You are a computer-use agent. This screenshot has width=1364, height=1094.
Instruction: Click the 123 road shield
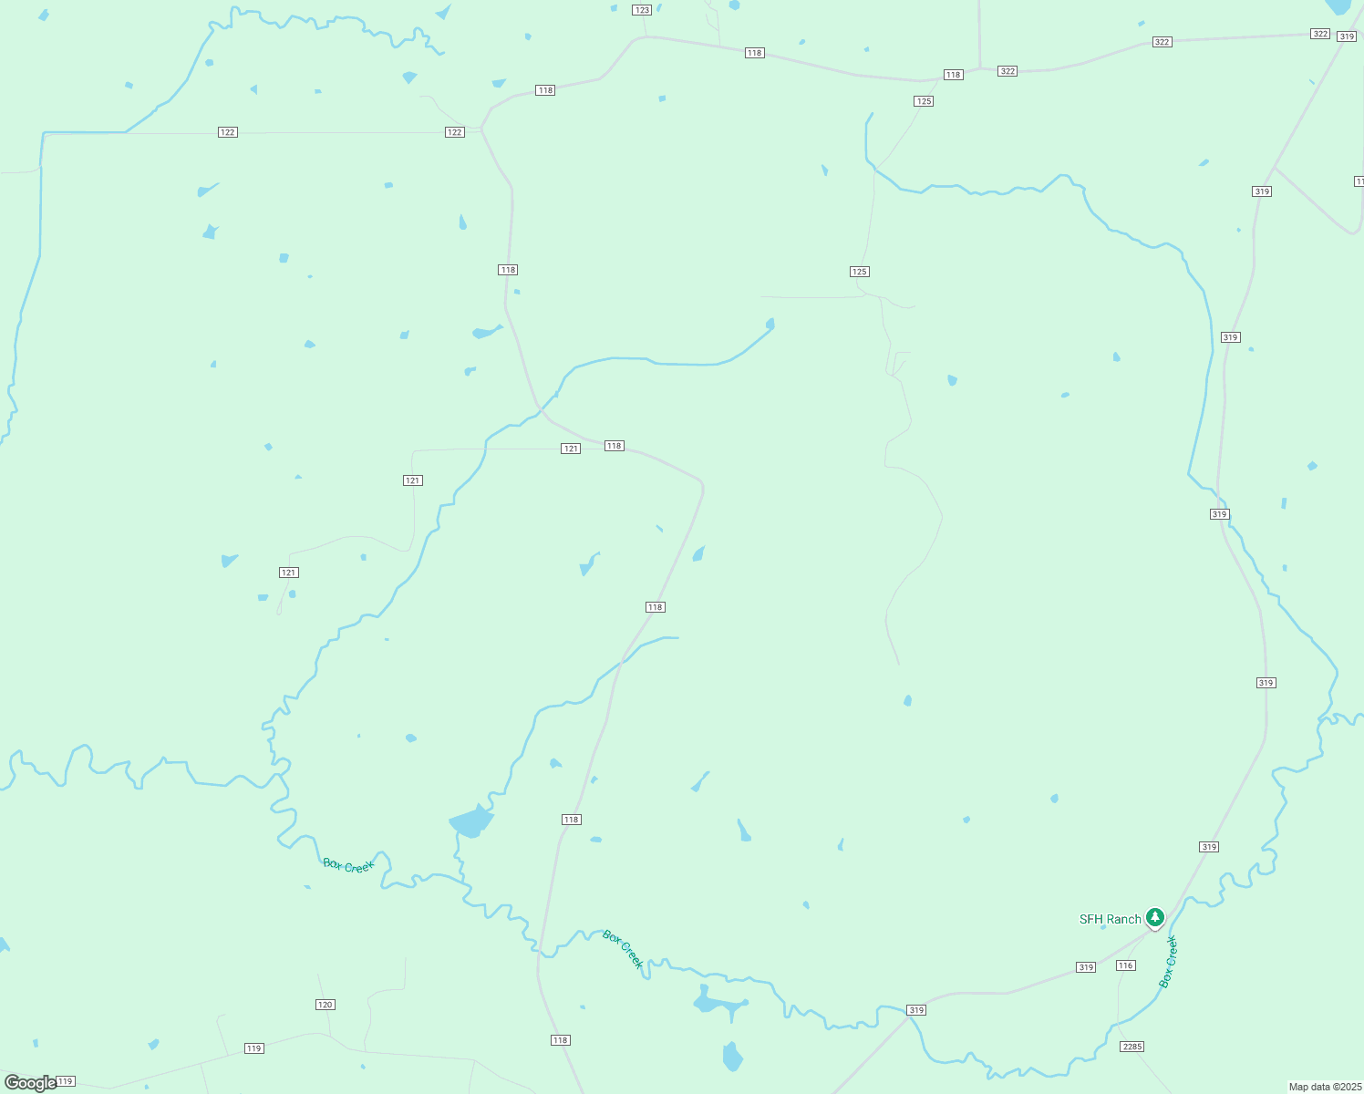[x=642, y=10]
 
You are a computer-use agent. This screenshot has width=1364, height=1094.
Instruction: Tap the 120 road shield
[x=325, y=1005]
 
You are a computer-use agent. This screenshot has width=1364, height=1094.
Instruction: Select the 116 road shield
[x=1125, y=965]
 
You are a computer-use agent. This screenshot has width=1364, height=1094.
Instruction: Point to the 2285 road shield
[x=1131, y=1047]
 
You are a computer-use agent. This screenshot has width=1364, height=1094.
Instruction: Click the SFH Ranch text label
[x=1110, y=919]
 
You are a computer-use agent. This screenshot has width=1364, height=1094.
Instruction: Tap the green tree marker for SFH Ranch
[x=1155, y=916]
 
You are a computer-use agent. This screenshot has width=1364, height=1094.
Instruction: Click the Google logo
[x=30, y=1083]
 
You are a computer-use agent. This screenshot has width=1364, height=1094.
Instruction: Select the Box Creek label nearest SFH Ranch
[x=1169, y=962]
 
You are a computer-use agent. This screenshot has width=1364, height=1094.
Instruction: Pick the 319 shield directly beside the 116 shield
[x=1085, y=967]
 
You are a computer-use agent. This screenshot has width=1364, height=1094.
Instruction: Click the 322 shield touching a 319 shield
[x=1320, y=34]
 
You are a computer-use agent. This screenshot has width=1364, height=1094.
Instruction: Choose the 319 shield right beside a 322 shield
[x=1347, y=36]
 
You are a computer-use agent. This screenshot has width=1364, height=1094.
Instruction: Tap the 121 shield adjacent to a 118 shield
[x=571, y=449]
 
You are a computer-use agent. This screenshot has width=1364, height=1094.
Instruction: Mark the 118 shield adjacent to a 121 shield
[x=614, y=446]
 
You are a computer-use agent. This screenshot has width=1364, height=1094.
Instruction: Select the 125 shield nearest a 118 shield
[x=924, y=101]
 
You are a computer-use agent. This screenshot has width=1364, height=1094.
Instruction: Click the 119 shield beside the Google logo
[x=65, y=1081]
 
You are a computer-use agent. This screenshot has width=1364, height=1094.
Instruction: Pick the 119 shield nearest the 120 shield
[x=254, y=1048]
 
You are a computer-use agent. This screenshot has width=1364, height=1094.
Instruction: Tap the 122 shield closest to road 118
[x=455, y=132]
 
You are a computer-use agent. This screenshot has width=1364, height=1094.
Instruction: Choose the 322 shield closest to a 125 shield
[x=1007, y=71]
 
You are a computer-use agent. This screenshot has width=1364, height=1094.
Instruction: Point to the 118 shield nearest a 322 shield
[x=953, y=75]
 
